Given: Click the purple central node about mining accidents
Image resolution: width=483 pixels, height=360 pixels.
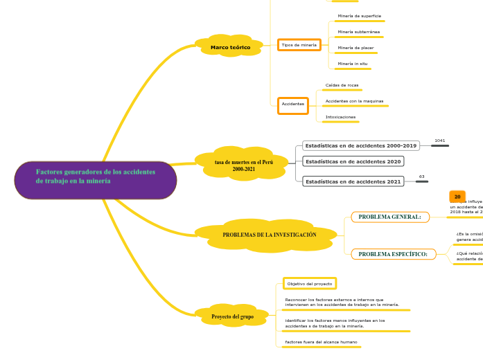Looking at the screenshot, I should click(x=96, y=180).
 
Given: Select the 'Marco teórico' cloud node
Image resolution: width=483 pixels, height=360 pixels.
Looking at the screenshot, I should click(x=230, y=47).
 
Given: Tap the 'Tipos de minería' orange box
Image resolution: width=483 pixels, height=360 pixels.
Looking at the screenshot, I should click(x=299, y=45).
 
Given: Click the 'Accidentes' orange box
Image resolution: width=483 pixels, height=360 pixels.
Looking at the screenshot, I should click(x=293, y=105).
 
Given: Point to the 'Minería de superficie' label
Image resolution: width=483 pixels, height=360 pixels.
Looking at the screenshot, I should click(x=359, y=16).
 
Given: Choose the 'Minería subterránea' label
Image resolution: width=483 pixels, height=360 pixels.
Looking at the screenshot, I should click(x=358, y=32).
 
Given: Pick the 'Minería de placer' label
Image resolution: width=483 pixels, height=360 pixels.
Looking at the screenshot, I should click(x=355, y=48).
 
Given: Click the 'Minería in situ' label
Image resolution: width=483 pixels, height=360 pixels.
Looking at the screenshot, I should click(x=353, y=64).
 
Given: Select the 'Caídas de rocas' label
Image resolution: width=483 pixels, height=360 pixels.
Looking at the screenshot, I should click(x=342, y=85).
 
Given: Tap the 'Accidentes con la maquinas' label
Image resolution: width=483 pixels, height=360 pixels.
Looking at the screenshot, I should click(x=354, y=101).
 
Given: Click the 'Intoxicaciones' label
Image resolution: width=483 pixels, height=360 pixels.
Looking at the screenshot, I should click(x=340, y=117).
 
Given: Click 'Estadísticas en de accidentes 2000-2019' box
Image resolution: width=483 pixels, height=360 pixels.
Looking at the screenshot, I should click(x=360, y=146).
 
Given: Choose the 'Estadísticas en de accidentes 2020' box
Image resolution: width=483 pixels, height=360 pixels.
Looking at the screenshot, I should click(x=353, y=161).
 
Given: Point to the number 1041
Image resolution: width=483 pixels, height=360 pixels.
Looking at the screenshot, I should click(x=439, y=141).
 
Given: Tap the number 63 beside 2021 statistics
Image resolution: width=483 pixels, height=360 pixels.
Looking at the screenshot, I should click(x=421, y=177).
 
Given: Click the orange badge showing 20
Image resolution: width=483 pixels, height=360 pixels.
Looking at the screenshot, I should click(x=457, y=197).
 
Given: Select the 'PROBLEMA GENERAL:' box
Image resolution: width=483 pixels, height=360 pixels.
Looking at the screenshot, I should click(x=390, y=217).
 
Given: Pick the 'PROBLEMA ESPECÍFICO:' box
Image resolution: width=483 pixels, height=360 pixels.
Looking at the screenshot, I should click(x=393, y=254).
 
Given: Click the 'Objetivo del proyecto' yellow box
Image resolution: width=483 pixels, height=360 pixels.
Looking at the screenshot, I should click(x=310, y=284).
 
